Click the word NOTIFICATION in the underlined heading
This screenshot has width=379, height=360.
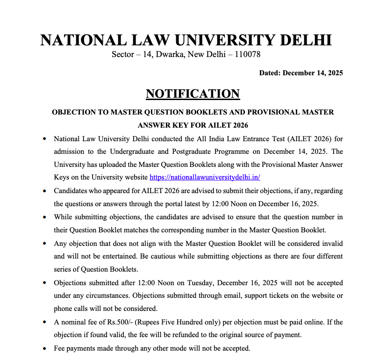point(193,94)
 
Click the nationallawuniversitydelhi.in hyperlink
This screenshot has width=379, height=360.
point(205,177)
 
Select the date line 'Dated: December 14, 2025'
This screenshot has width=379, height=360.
point(301,73)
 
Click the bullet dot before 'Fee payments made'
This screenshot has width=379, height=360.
point(44,349)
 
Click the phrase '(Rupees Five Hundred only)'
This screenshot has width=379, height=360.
point(183,322)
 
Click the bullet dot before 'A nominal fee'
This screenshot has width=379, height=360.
point(44,323)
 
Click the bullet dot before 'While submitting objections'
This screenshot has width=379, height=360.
point(44,217)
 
